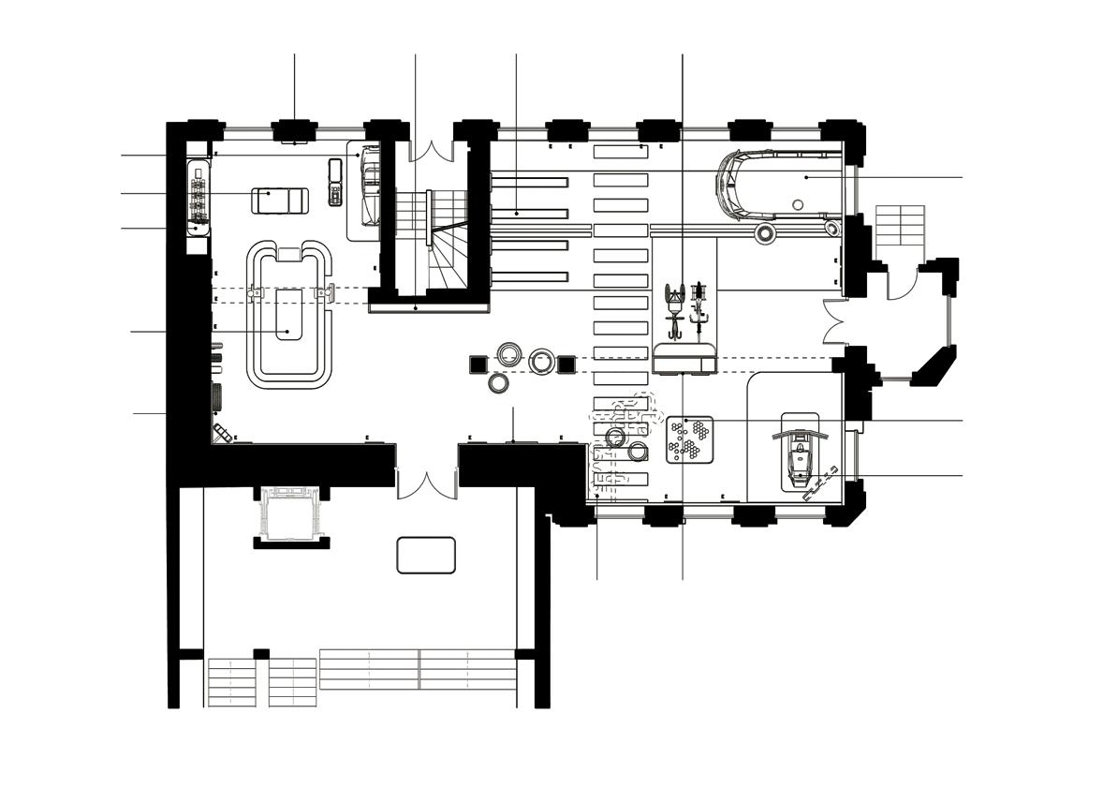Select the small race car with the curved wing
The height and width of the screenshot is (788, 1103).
point(797,454)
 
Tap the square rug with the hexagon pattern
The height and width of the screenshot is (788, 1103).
point(690,439)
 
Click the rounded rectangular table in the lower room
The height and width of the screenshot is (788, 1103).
point(426,555)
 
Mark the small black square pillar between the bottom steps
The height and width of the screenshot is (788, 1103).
point(261,653)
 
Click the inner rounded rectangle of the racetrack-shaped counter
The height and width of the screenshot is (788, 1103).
point(288,314)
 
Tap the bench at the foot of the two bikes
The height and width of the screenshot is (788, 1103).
point(684,358)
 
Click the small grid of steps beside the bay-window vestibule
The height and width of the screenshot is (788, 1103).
point(900,225)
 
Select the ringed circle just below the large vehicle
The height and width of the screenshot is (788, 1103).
point(765,233)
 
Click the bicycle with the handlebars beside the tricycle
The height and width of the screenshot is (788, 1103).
point(696,308)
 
